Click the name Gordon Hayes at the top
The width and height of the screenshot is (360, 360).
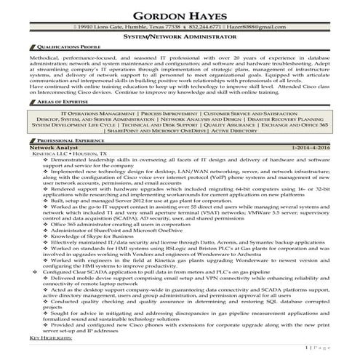(x=180, y=12)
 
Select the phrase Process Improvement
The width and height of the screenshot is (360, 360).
(x=170, y=113)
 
